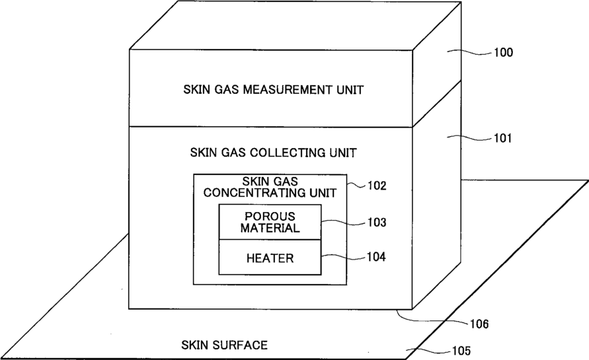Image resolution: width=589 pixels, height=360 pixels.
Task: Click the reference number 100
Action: (x=503, y=52)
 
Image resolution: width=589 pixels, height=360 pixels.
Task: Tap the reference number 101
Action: (x=503, y=139)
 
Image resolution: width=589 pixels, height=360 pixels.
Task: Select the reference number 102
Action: (x=377, y=186)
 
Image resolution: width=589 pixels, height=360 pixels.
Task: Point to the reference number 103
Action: (x=377, y=223)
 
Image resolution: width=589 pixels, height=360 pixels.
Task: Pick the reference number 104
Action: (x=377, y=256)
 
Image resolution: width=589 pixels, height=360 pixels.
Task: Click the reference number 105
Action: (x=460, y=351)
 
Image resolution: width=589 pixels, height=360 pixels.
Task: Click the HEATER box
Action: (x=270, y=258)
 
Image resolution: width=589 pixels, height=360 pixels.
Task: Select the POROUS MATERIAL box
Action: (x=270, y=223)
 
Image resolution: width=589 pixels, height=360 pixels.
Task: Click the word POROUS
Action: (x=270, y=216)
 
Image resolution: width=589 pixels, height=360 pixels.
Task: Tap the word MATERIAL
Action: (x=270, y=229)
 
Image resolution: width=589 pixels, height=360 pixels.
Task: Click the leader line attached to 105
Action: (x=430, y=350)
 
